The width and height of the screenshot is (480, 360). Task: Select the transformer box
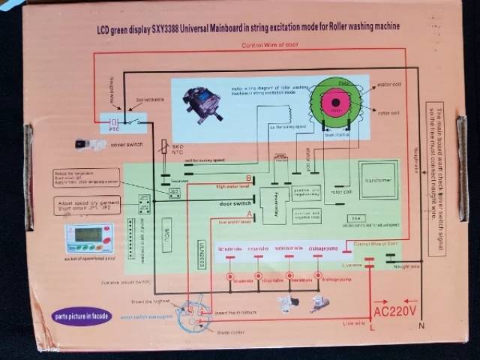[x=378, y=179]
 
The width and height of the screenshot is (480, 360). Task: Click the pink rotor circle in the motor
[x=336, y=100]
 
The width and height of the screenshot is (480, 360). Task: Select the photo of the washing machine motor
[x=207, y=100]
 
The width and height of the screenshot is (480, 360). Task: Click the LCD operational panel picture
[x=88, y=238]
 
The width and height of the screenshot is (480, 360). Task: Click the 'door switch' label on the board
[x=235, y=202]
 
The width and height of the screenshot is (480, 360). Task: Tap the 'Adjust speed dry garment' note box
[x=87, y=205]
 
